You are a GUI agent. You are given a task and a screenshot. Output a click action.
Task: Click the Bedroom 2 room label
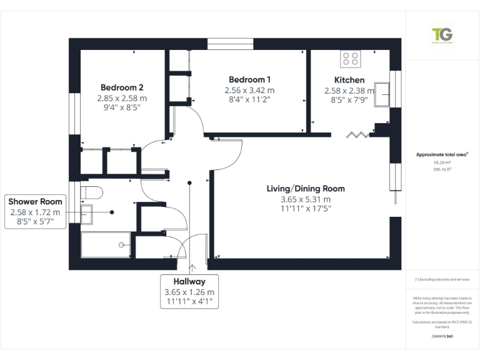pos(122,87)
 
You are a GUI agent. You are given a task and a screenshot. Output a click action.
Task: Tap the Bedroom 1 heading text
pos(250,79)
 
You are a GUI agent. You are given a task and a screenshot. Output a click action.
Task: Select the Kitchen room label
pos(349,80)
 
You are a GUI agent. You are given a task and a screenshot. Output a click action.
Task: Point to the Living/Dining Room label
pos(306,189)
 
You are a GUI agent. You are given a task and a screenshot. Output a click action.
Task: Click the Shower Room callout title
pos(35,201)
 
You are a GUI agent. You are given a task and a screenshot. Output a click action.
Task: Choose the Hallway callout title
pos(189,282)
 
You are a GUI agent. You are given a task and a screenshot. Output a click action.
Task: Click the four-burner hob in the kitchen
pos(351,59)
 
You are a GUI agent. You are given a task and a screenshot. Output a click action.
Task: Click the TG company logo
pos(442,35)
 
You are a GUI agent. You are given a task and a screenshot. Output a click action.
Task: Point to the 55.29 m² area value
pos(442,162)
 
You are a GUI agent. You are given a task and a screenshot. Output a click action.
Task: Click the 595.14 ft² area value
pos(442,168)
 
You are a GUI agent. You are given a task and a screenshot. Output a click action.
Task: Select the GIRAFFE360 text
pos(442,337)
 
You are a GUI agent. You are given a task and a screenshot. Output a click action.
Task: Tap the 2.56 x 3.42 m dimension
pos(250,90)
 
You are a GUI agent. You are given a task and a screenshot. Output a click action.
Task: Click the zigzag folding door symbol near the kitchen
pos(359,134)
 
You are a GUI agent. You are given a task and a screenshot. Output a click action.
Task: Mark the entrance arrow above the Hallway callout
pos(191,268)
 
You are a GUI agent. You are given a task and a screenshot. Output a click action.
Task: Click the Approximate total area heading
pos(442,154)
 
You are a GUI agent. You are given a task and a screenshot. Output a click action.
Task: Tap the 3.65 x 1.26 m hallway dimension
pos(189,292)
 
